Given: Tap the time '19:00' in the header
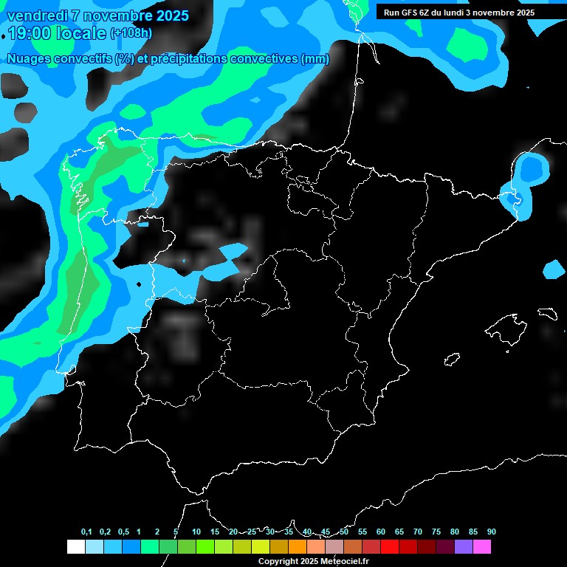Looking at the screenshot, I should pyautogui.click(x=30, y=33).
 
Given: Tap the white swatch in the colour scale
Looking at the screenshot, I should pyautogui.click(x=75, y=546).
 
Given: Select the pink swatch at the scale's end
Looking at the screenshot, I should pyautogui.click(x=481, y=546).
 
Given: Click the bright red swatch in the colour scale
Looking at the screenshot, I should pyautogui.click(x=389, y=546).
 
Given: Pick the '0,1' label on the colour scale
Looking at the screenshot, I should pyautogui.click(x=86, y=532).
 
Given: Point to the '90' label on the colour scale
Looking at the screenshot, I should pyautogui.click(x=492, y=532).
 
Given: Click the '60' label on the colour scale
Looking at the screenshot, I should pyautogui.click(x=381, y=532).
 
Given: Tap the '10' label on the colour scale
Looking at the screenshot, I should pyautogui.click(x=196, y=532).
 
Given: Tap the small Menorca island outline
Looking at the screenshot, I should pyautogui.click(x=547, y=313).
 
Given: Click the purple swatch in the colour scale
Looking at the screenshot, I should pyautogui.click(x=463, y=546).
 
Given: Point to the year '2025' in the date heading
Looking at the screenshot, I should pyautogui.click(x=172, y=16).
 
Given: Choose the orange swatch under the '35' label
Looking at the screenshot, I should pyautogui.click(x=297, y=546).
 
